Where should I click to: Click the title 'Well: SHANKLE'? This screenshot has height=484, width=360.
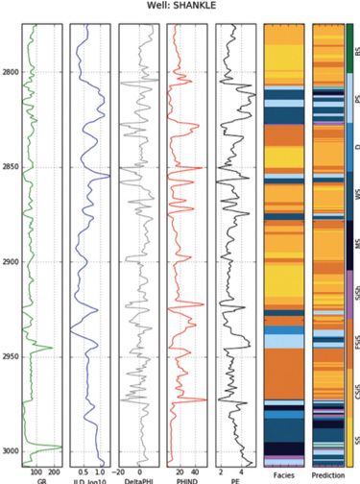click(181, 6)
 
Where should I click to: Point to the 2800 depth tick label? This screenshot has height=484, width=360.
click(12, 73)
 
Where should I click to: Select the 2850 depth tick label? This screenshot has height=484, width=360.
click(12, 167)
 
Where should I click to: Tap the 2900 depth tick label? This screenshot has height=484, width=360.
click(12, 261)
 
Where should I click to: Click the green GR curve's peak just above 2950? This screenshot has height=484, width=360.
click(50, 348)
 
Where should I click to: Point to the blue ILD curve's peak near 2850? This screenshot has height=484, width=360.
click(108, 177)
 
